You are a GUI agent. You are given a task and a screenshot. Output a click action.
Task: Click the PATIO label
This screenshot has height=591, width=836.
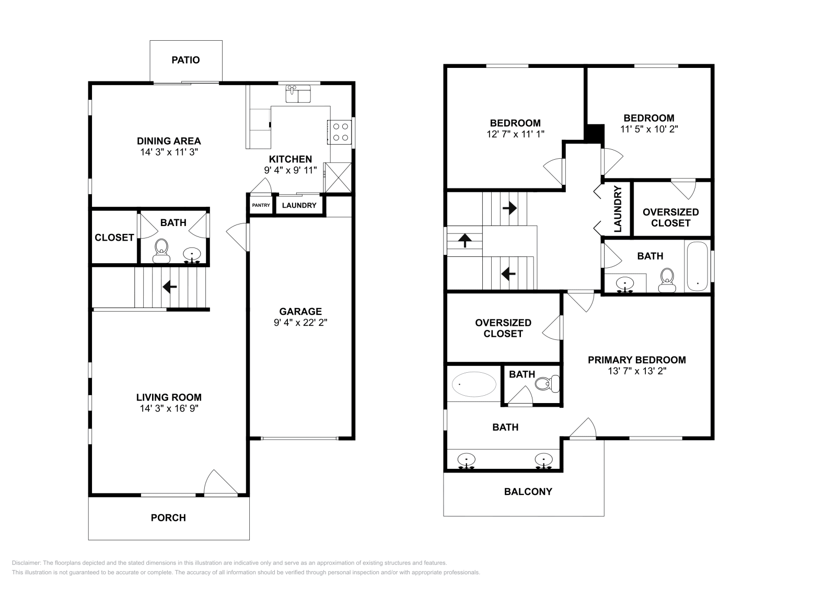pyautogui.click(x=185, y=60)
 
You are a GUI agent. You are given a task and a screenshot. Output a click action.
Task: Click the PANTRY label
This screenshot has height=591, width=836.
pyautogui.click(x=261, y=205)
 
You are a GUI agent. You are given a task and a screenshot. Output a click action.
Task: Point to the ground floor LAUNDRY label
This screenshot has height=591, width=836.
pyautogui.click(x=299, y=205)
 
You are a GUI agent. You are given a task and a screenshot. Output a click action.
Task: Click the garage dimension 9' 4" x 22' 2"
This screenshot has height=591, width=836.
pyautogui.click(x=300, y=323)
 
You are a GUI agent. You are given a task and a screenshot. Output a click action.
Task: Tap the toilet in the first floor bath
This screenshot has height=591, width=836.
pyautogui.click(x=161, y=251)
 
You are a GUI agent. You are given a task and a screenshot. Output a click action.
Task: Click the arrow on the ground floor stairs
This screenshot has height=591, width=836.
pyautogui.click(x=169, y=287)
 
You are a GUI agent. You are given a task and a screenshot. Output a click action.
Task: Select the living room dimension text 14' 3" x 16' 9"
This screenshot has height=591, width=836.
pyautogui.click(x=169, y=408)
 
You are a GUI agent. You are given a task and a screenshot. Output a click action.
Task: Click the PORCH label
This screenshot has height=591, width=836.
pyautogui.click(x=168, y=518)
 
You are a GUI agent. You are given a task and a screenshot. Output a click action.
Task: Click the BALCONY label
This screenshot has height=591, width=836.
pyautogui.click(x=528, y=491)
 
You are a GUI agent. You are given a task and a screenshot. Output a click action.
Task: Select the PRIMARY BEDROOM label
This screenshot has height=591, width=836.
pyautogui.click(x=636, y=360)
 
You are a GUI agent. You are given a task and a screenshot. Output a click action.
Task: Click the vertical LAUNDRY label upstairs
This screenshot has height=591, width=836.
pyautogui.click(x=618, y=209)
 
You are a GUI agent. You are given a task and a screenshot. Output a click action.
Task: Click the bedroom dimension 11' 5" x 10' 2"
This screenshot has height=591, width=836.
pyautogui.click(x=649, y=129)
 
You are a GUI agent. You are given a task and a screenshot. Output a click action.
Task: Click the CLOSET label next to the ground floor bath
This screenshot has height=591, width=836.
pyautogui.click(x=114, y=238)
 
